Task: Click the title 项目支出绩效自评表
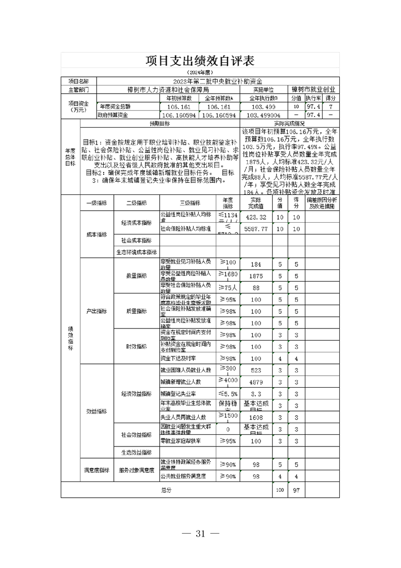coord(200,61)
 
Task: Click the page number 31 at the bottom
coord(200,533)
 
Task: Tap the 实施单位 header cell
coord(263,89)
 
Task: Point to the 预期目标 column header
coord(160,124)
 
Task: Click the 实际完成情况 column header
coord(290,124)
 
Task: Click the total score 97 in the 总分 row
coord(296,490)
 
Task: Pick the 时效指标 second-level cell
coord(136,347)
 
